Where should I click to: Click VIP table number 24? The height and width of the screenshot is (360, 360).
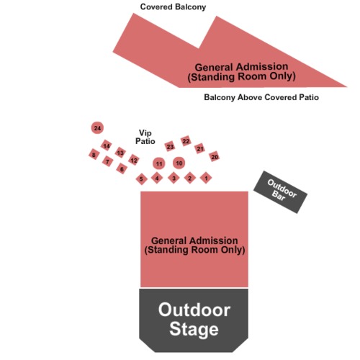97,128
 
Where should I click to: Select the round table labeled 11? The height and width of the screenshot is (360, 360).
159,163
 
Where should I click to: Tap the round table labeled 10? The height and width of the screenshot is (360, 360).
179,163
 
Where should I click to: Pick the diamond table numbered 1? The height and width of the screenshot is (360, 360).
206,178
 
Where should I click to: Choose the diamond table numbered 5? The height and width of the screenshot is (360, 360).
141,179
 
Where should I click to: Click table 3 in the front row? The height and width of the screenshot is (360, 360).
174,178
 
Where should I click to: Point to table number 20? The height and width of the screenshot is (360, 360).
215,156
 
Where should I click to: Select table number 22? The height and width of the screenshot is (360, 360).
186,141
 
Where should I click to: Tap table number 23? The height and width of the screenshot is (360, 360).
170,146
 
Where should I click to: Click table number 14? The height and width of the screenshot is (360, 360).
107,145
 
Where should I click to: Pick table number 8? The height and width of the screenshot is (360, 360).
94,154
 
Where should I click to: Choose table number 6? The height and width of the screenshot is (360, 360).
122,168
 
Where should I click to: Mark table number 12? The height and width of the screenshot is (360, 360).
134,160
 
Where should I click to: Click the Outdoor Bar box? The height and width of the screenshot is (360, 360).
280,192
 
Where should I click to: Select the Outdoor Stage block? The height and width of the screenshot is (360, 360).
194,320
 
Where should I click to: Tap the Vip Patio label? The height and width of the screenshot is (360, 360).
145,137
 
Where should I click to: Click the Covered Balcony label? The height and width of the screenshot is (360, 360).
173,7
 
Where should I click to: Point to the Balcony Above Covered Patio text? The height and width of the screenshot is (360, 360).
261,97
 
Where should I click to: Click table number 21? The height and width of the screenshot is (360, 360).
199,148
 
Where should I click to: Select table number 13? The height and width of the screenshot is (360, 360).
120,153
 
